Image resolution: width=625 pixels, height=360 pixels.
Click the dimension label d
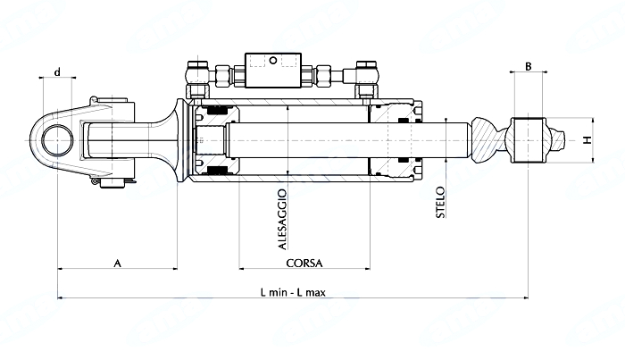(57, 72)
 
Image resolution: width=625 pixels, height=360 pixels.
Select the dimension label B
(529, 66)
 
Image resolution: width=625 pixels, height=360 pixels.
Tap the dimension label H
(587, 140)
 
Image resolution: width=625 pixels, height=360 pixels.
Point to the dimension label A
(117, 264)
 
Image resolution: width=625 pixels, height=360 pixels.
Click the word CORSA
(304, 264)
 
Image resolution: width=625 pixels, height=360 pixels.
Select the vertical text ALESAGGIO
(282, 220)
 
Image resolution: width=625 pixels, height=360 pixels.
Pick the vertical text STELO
(440, 202)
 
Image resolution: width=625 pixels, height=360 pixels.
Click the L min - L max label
(293, 293)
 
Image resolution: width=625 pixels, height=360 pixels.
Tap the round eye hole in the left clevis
(58, 140)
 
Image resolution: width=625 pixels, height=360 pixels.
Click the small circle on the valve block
(273, 61)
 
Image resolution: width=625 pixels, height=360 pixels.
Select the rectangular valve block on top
(273, 71)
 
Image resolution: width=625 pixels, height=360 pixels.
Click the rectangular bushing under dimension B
(529, 140)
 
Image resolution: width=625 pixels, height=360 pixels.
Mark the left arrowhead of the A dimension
(60, 269)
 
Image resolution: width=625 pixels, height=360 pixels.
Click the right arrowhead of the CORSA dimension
(368, 269)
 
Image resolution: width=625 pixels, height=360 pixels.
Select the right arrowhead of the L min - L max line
(526, 297)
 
